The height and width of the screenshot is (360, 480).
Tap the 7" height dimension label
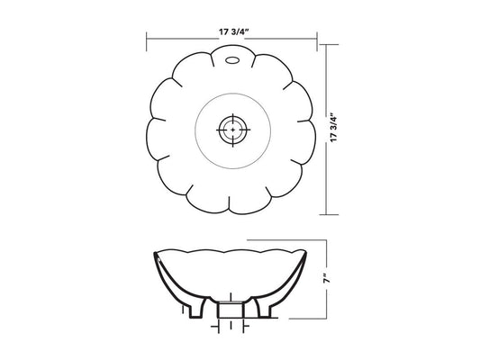pyautogui.click(x=327, y=280)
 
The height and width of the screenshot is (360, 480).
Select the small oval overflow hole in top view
pyautogui.click(x=232, y=60)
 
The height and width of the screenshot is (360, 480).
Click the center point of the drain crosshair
pyautogui.click(x=233, y=130)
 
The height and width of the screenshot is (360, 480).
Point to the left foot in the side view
pyautogui.click(x=198, y=308)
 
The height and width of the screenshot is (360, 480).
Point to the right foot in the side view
pyautogui.click(x=263, y=308)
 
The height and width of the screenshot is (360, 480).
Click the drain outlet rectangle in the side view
pyautogui.click(x=231, y=310)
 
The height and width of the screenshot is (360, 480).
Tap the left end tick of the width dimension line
pyautogui.click(x=147, y=41)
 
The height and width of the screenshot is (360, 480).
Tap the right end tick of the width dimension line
pyautogui.click(x=317, y=41)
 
